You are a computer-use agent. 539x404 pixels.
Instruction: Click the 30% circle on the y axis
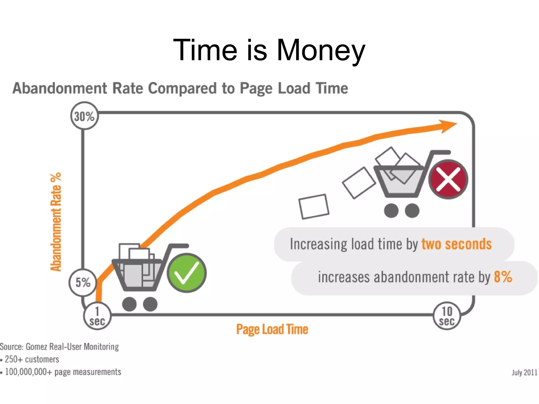pyautogui.click(x=84, y=116)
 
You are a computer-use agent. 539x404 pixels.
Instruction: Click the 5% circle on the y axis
pyautogui.click(x=83, y=282)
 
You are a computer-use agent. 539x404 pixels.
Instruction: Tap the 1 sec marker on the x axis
pyautogui.click(x=97, y=316)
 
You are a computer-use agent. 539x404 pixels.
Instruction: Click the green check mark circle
pyautogui.click(x=187, y=273)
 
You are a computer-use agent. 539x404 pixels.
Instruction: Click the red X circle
pyautogui.click(x=448, y=179)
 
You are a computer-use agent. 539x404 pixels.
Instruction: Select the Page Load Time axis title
pyautogui.click(x=272, y=329)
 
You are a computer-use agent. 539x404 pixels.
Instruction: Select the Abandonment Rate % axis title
pyautogui.click(x=56, y=222)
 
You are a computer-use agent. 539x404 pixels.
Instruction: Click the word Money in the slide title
pyautogui.click(x=321, y=50)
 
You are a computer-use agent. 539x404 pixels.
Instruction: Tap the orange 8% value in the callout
pyautogui.click(x=503, y=277)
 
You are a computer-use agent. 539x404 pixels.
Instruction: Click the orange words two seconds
pyautogui.click(x=456, y=244)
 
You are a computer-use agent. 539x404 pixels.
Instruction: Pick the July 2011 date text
pyautogui.click(x=524, y=372)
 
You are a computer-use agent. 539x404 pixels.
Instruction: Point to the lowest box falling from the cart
pyautogui.click(x=314, y=207)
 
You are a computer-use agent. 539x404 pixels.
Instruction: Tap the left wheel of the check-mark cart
pyautogui.click(x=129, y=304)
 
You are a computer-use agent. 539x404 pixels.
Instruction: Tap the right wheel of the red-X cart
pyautogui.click(x=412, y=211)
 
